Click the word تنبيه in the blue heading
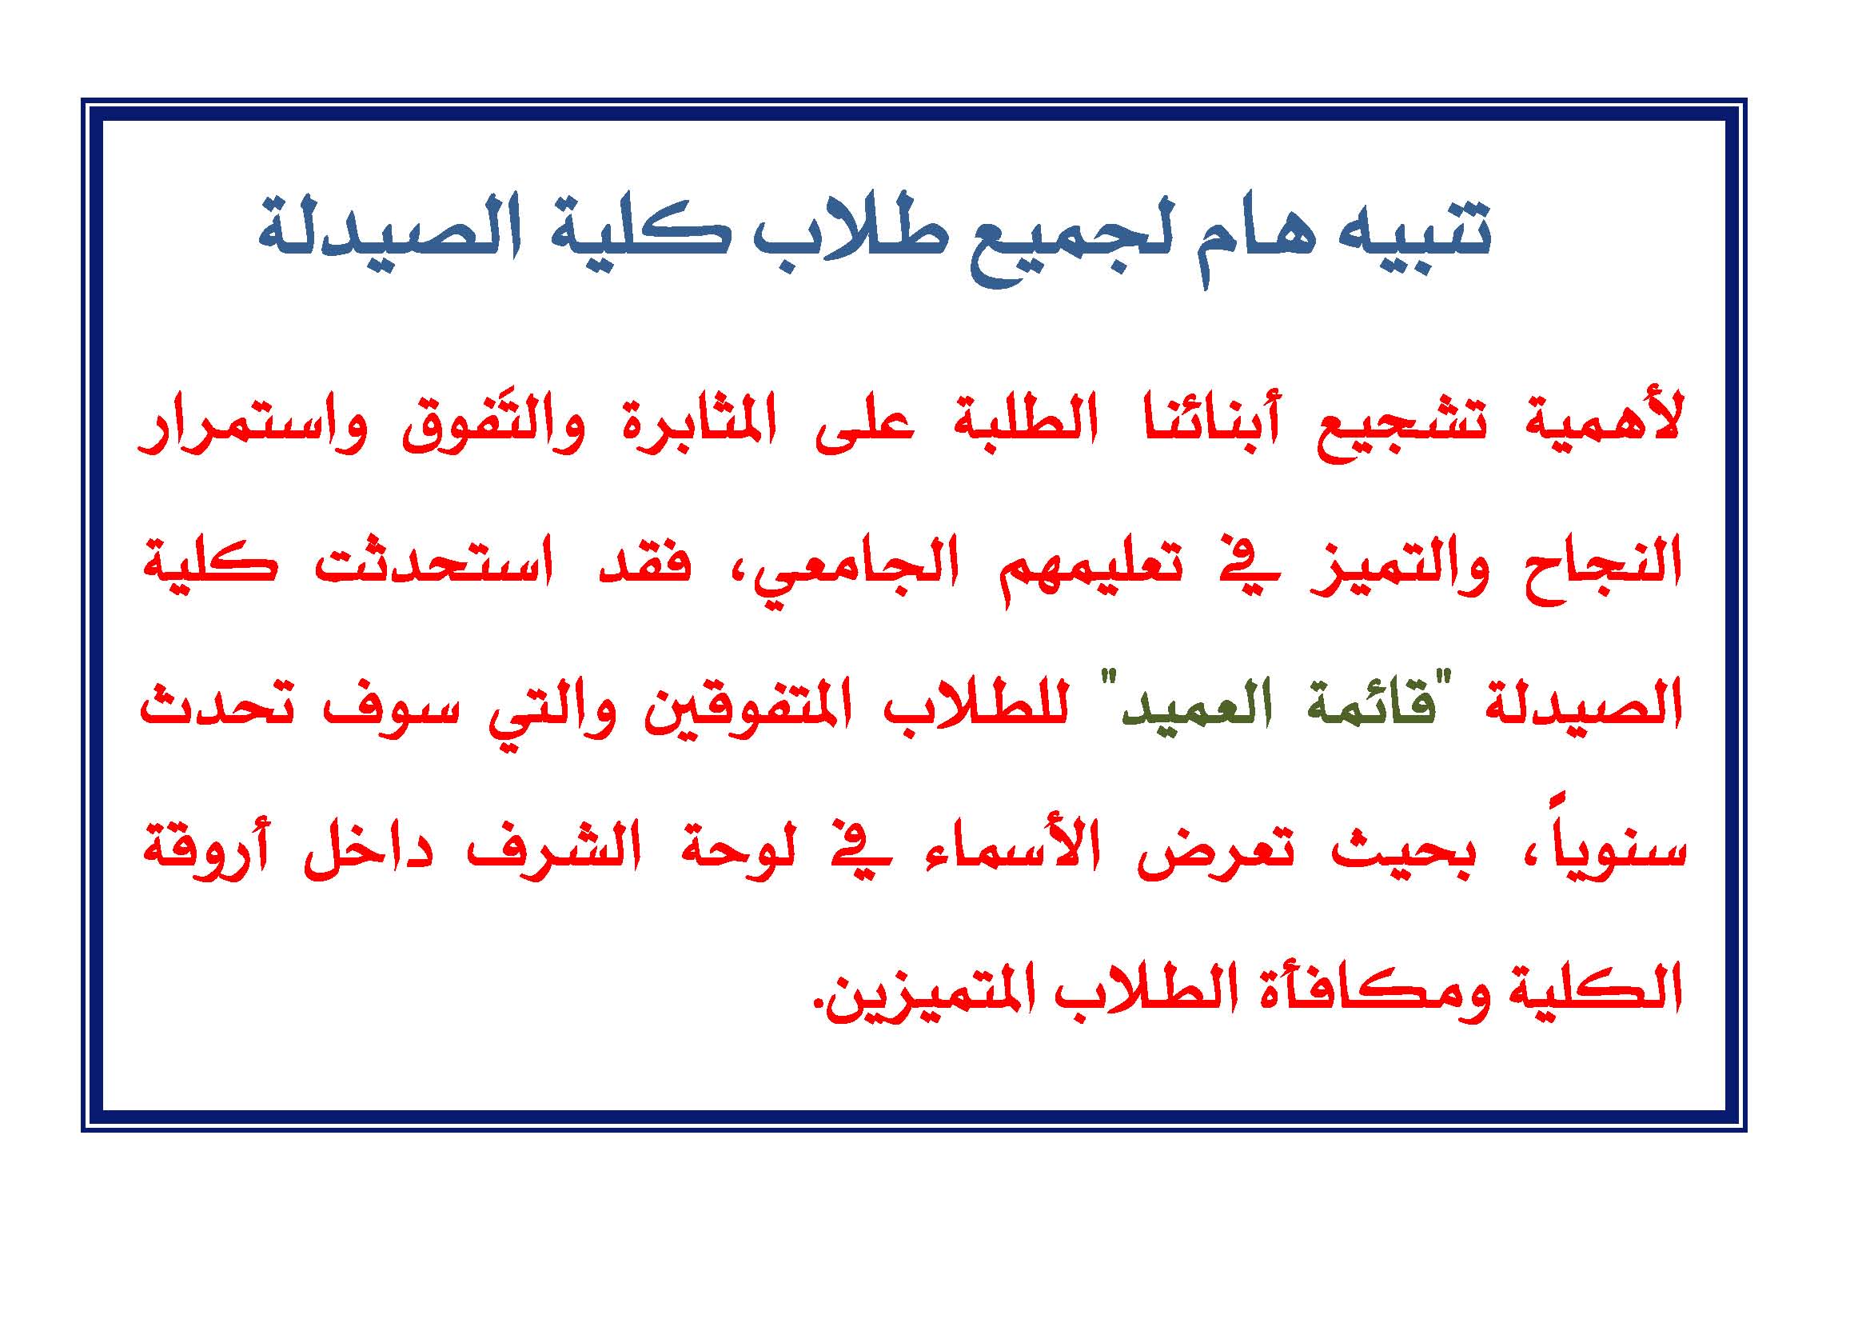(1416, 231)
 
